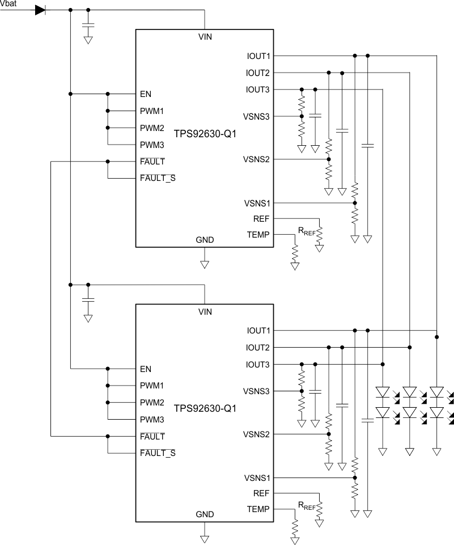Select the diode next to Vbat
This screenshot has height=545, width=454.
tap(40, 10)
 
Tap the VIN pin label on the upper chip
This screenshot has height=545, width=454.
tap(205, 37)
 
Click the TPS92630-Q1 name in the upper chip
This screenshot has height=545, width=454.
tap(205, 134)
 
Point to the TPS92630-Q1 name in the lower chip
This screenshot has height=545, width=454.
tap(205, 408)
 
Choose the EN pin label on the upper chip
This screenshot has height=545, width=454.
tap(146, 94)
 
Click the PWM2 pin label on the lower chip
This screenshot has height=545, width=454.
tap(152, 403)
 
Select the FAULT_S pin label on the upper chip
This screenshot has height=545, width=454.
tap(158, 179)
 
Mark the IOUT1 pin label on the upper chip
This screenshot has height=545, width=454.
tap(258, 56)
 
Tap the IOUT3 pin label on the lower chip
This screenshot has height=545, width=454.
tap(258, 364)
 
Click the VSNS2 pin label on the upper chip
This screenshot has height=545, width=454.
tap(257, 159)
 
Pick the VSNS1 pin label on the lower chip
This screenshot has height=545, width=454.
tap(257, 477)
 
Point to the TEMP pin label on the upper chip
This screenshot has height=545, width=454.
tap(258, 234)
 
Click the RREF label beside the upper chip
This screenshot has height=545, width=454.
tap(306, 231)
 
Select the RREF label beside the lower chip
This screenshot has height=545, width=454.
tap(306, 505)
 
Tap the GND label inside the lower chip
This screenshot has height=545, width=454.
tap(205, 514)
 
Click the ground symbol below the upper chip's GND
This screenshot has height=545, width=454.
tap(205, 264)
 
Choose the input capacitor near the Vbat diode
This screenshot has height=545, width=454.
tap(88, 25)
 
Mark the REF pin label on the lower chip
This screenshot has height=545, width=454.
tap(262, 493)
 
